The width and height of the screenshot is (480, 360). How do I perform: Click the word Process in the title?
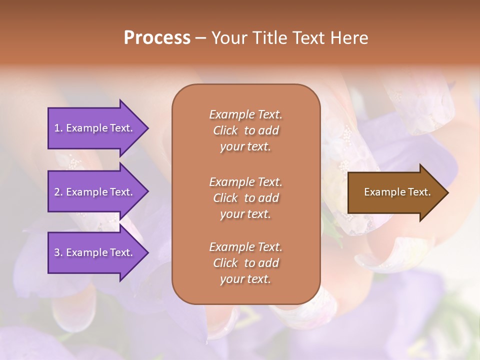(157, 38)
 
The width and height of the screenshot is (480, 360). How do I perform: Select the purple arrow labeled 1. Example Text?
(95, 128)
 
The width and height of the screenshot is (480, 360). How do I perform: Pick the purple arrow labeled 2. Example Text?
(95, 192)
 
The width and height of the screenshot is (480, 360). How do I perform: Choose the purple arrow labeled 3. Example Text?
(95, 252)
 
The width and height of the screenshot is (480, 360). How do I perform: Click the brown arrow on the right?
(395, 192)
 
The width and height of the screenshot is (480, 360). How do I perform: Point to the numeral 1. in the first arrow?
(58, 128)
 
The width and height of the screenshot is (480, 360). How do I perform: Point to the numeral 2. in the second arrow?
(58, 192)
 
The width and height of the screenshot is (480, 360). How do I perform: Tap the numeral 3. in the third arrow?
(58, 252)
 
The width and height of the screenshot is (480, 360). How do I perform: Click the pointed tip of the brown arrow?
(446, 192)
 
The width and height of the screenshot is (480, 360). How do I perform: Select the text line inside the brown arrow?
(397, 192)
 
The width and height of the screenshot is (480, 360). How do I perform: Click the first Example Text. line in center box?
(245, 114)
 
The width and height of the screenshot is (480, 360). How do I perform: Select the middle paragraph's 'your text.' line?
(245, 214)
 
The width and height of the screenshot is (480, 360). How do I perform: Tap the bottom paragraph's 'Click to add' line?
(245, 263)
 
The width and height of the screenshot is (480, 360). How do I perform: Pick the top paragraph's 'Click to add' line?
(245, 130)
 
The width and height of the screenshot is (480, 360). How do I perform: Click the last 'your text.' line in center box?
(245, 279)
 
